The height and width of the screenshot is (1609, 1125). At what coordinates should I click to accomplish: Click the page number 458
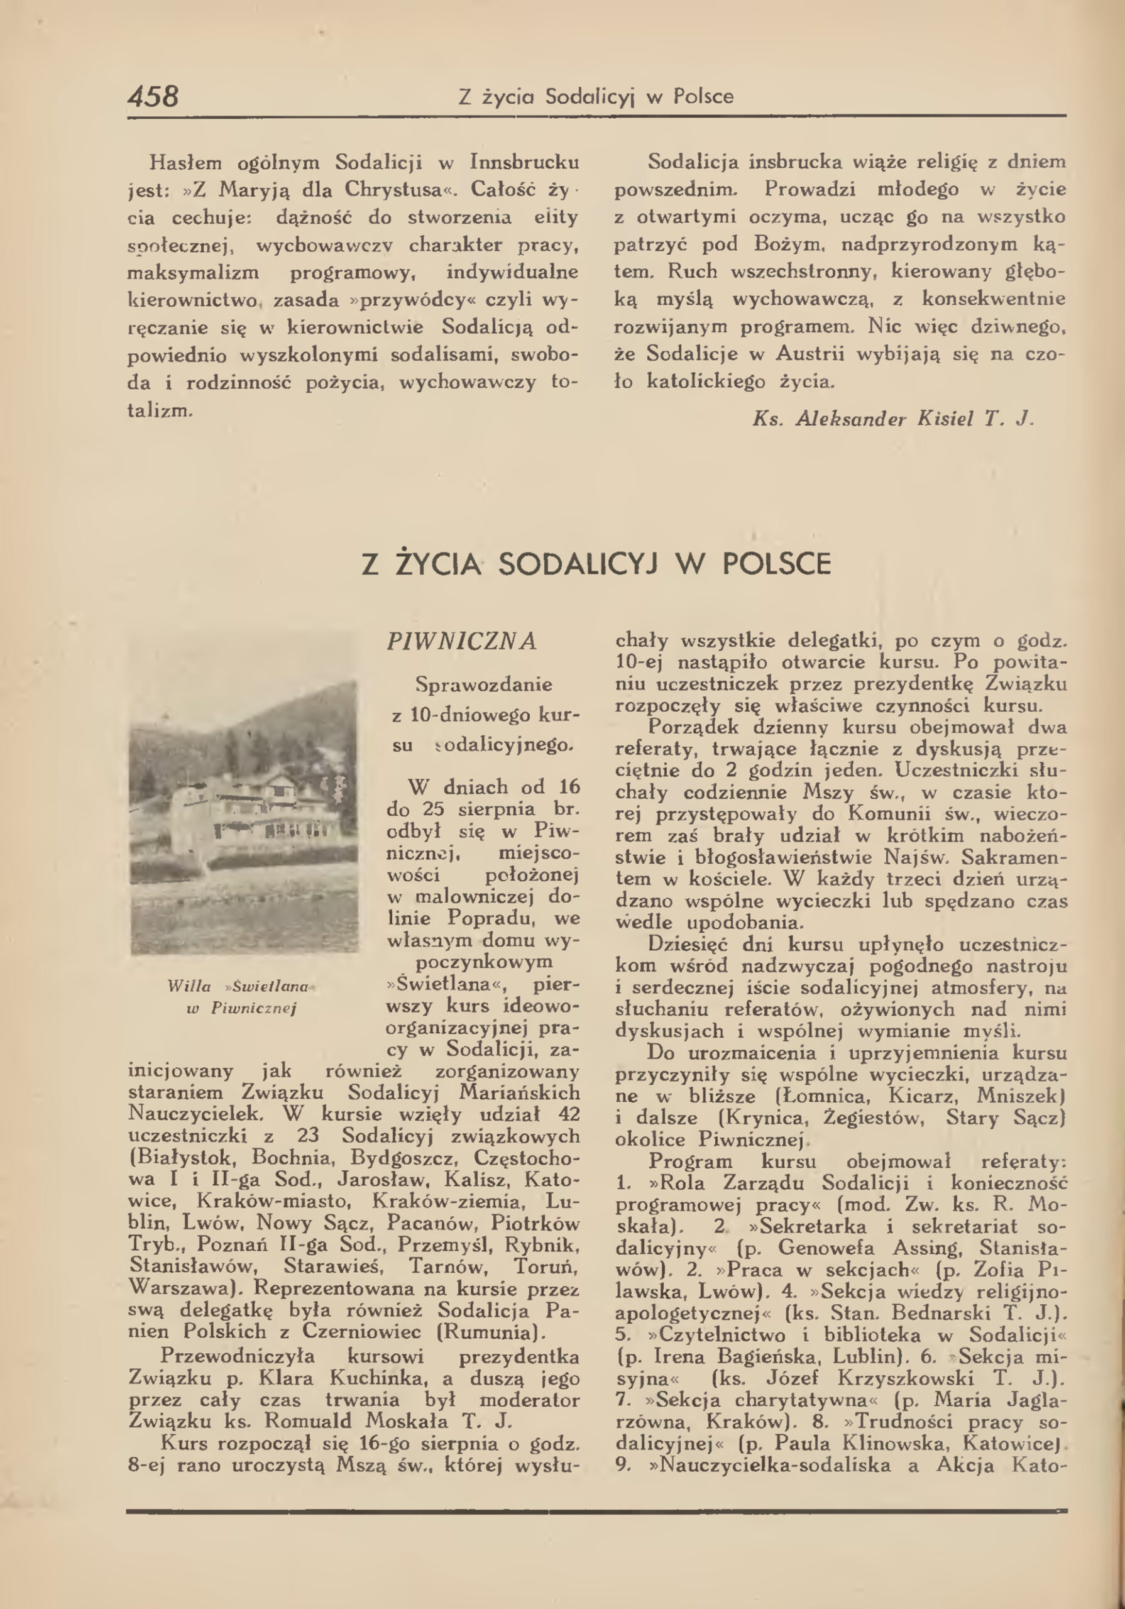click(153, 96)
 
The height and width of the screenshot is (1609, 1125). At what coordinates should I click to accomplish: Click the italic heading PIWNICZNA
click(461, 641)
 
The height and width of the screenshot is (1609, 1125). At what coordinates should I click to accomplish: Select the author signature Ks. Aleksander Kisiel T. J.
click(893, 419)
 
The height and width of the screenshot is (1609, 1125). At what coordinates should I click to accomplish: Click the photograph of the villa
click(243, 816)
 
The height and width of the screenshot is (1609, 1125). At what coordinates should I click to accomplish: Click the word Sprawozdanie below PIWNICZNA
click(484, 684)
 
